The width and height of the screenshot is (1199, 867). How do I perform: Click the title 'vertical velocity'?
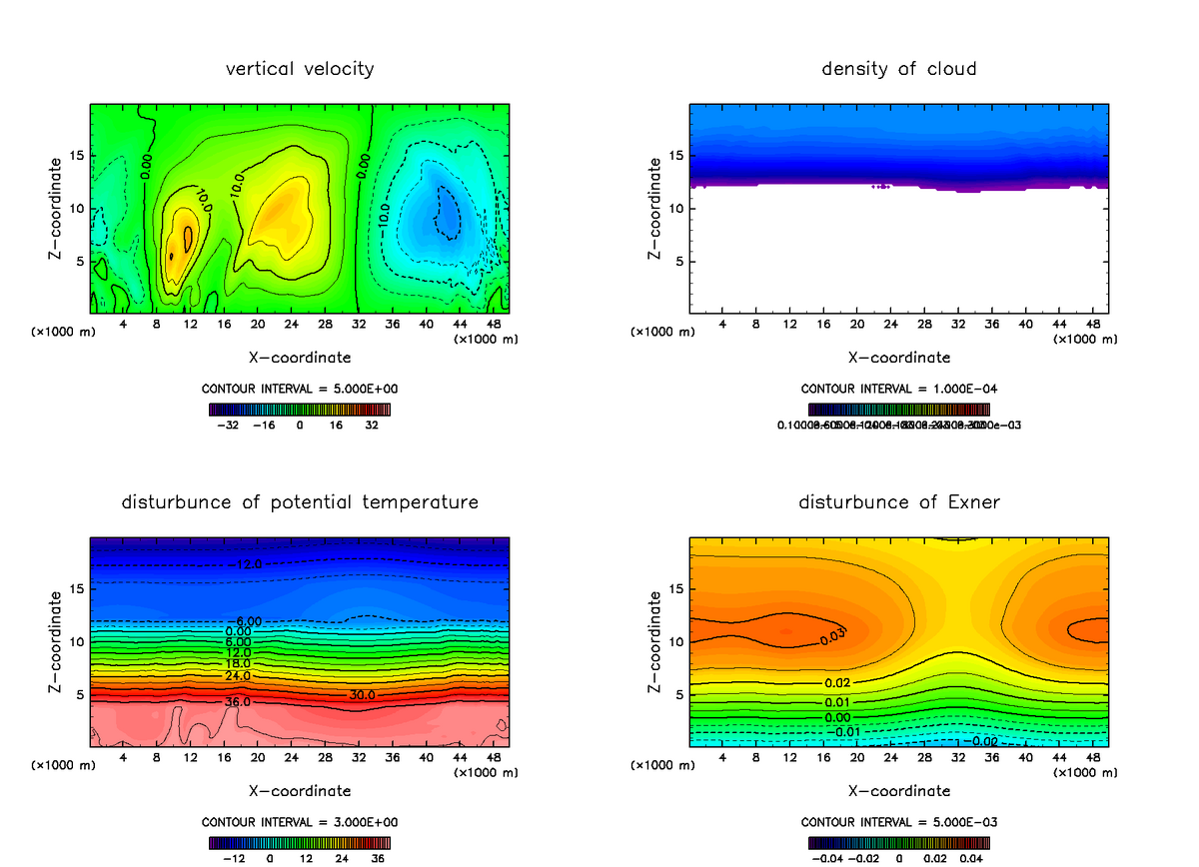300,69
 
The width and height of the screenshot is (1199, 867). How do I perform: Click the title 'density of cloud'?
898,69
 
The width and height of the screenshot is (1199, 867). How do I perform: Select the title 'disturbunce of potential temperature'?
300,501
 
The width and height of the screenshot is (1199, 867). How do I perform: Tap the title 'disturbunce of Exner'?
898,501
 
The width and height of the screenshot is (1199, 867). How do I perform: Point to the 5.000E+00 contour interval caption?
300,388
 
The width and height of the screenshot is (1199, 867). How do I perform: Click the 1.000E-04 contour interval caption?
898,388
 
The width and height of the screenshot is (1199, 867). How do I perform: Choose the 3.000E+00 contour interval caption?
300,821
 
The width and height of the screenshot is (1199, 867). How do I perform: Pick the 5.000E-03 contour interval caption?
898,821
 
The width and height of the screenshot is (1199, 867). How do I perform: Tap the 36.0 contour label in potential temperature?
238,702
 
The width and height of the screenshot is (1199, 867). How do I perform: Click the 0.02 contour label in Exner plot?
836,682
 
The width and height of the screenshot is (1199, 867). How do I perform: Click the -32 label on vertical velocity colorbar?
231,425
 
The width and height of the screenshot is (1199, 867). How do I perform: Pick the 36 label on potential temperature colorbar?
378,857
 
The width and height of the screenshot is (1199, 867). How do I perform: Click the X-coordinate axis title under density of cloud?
898,357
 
